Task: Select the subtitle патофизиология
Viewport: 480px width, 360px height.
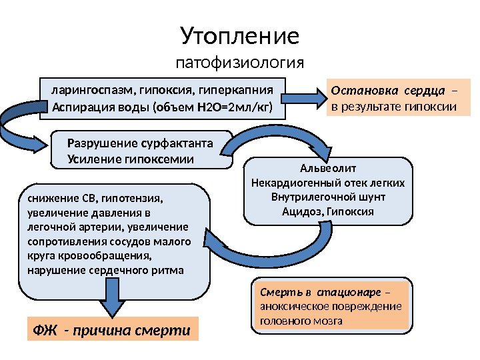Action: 239,64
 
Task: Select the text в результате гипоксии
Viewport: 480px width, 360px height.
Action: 394,106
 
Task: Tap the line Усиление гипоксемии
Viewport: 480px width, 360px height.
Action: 131,159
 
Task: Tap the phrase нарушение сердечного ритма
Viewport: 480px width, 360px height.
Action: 107,271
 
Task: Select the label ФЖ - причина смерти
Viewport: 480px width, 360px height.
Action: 111,330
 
